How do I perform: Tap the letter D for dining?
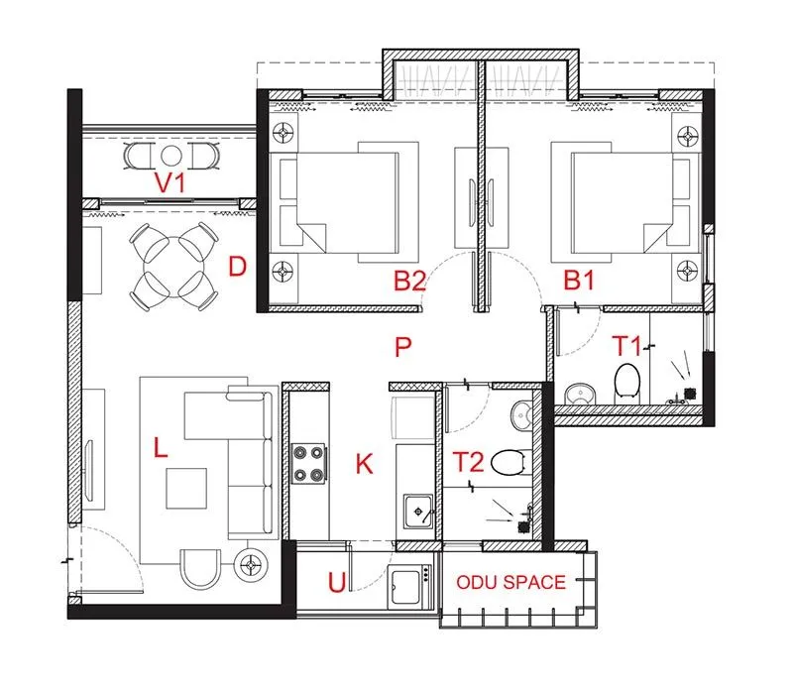pos(236,267)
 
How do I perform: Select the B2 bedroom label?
pos(409,282)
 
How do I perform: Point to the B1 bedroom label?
pos(578,282)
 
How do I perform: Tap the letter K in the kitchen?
pos(364,463)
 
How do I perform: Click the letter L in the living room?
pos(161,449)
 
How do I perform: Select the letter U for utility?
pos(337,583)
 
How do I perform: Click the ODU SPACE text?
pos(511,583)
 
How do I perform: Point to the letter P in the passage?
pos(401,347)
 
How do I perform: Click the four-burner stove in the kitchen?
pos(308,463)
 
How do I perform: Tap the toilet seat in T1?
pos(626,380)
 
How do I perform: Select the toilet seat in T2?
pos(508,462)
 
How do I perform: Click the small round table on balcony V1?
pos(170,156)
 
